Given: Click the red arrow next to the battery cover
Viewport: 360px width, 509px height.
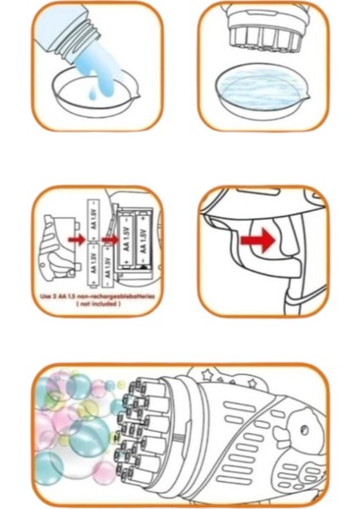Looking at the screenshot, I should [75, 240].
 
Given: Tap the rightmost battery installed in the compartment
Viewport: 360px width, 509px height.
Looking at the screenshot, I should [149, 238].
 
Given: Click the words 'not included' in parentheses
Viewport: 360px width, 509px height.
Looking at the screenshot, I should [98, 304].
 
